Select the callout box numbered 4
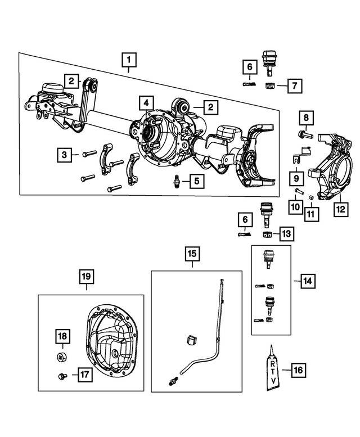[146, 103]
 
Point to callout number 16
[299, 370]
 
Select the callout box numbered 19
[85, 277]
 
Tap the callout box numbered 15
[192, 254]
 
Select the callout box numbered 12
[339, 210]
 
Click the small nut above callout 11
[311, 197]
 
